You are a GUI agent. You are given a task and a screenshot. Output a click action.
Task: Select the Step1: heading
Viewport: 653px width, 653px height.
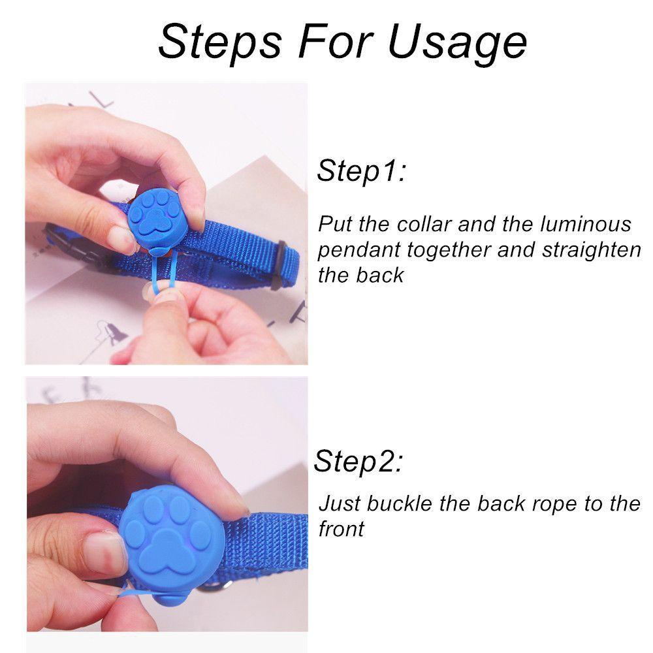[x=361, y=170]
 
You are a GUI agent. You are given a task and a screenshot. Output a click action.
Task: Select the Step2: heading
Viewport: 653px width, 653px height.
[x=358, y=462]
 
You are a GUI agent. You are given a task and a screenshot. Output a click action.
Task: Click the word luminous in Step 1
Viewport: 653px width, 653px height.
[x=586, y=224]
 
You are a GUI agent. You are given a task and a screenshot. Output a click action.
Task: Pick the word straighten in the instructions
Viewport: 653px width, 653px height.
[x=592, y=251]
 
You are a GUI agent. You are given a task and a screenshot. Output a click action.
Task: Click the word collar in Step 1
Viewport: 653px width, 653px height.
[x=424, y=224]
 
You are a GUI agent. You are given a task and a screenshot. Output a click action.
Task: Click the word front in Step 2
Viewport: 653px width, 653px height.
[x=341, y=529]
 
